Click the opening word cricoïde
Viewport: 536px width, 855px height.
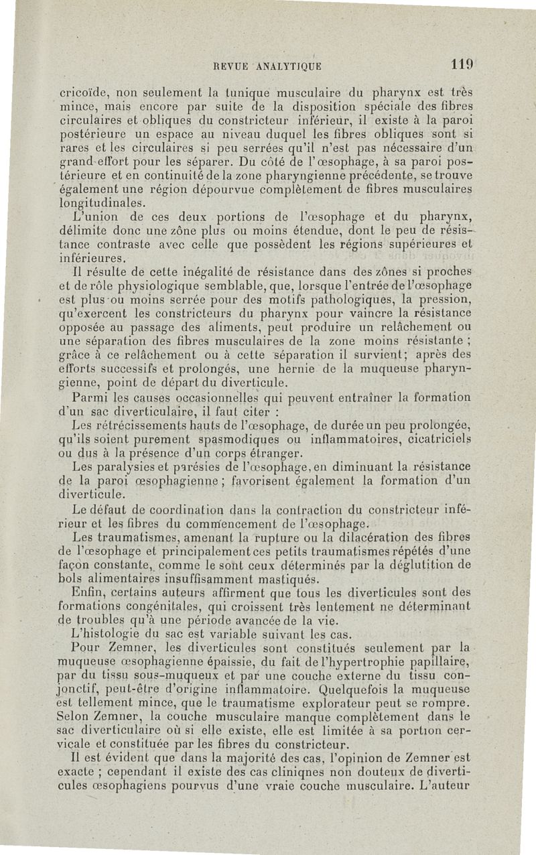pos(82,93)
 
